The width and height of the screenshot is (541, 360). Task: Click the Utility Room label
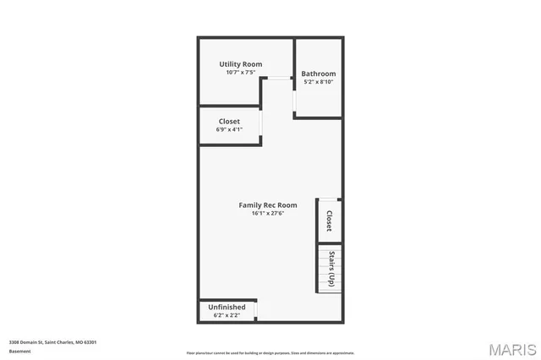(x=241, y=64)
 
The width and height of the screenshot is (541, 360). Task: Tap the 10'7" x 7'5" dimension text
(x=241, y=73)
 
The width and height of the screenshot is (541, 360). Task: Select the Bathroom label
(x=319, y=74)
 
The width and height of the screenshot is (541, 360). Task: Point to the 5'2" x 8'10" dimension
(x=319, y=82)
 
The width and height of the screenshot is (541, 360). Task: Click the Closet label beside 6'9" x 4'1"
(x=229, y=122)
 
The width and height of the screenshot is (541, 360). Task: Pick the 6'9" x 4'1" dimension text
(x=229, y=130)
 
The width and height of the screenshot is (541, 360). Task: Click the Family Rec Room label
(x=268, y=205)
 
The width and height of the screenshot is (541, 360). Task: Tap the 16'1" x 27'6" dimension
(x=268, y=214)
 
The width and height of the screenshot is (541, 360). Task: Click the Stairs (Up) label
(x=332, y=269)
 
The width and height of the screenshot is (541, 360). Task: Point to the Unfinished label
(x=227, y=307)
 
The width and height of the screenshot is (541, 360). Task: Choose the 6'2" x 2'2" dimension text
(x=227, y=315)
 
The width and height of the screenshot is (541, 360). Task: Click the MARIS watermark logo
(x=512, y=349)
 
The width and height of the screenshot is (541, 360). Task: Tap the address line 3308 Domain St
(x=52, y=342)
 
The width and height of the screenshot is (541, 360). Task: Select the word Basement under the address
(x=20, y=351)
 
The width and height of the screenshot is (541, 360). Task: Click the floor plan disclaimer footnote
(x=270, y=353)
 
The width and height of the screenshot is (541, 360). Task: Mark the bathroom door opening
(x=294, y=101)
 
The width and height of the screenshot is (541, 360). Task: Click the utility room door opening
(x=276, y=78)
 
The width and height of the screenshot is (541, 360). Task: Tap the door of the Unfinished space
(x=256, y=310)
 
